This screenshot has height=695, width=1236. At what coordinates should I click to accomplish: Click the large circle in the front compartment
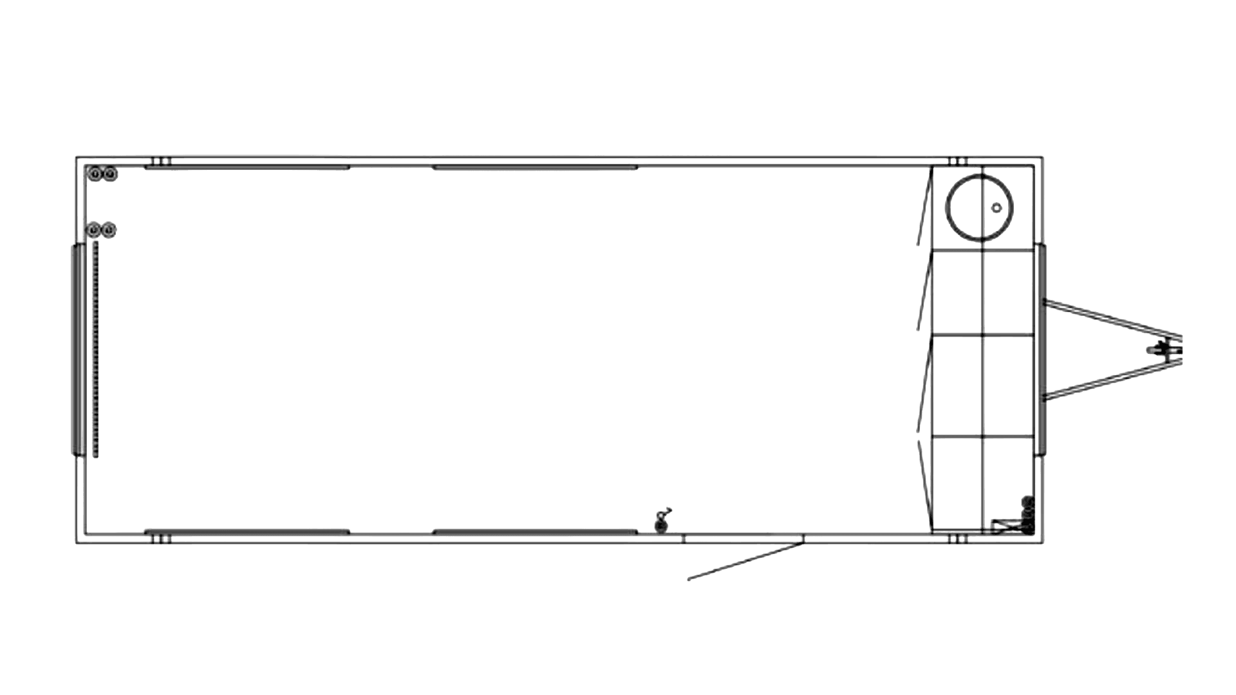click(979, 206)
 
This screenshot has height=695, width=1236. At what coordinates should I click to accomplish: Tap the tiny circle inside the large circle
click(996, 207)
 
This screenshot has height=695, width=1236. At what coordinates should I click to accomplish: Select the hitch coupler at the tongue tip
click(1165, 349)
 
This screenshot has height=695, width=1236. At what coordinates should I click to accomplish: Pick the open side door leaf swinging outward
click(745, 562)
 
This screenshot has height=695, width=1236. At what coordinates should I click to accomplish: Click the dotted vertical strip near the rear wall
click(95, 347)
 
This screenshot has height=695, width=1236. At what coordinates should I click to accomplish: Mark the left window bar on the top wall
click(247, 167)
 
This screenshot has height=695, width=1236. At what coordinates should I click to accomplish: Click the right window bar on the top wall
click(536, 167)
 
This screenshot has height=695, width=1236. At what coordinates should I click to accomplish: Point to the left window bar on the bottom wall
click(247, 532)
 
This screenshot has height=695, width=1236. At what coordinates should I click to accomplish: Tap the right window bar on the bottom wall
click(536, 532)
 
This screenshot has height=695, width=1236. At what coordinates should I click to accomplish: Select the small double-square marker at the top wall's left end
click(162, 161)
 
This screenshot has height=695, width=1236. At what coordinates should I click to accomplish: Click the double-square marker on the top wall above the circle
click(959, 161)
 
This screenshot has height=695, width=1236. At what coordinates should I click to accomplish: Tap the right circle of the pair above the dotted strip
click(109, 229)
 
